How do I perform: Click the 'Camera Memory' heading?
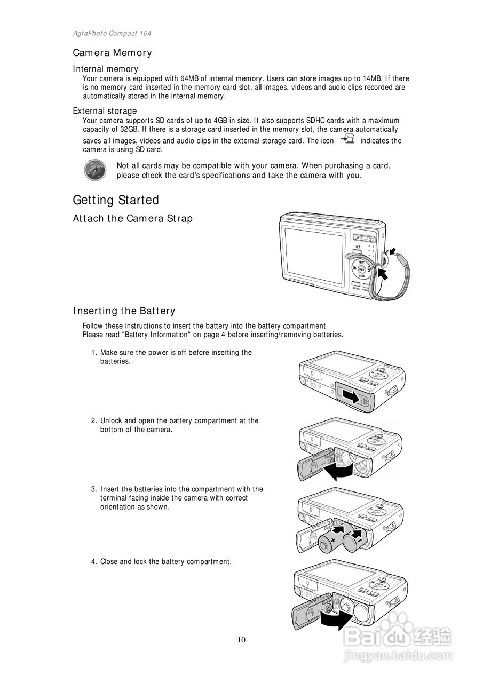click(112, 53)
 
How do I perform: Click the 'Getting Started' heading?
click(116, 200)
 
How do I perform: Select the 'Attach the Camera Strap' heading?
click(132, 218)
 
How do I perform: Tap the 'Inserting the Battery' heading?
click(124, 311)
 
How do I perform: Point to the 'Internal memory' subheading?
click(105, 69)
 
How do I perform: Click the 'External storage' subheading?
click(105, 111)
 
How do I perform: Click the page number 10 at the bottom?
click(242, 640)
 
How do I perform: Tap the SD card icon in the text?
click(347, 139)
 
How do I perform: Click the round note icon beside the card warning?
click(94, 170)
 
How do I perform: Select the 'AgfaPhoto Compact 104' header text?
click(112, 33)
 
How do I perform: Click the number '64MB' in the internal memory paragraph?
click(189, 78)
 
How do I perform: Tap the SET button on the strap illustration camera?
click(362, 269)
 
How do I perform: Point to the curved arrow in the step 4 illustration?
click(336, 620)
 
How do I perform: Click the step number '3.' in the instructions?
click(93, 489)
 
